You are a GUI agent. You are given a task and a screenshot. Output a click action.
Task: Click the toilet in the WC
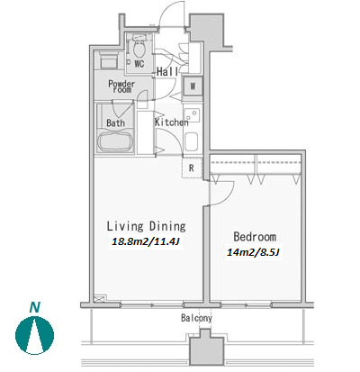(x=139, y=48)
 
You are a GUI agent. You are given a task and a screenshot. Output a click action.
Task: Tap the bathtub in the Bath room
(x=116, y=141)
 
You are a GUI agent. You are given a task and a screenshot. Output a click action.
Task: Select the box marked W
(x=193, y=86)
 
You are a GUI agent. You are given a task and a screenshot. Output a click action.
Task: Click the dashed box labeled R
(x=192, y=168)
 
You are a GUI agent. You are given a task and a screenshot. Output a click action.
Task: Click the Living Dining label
(x=146, y=226)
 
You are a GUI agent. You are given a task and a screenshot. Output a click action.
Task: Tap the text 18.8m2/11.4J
(x=146, y=241)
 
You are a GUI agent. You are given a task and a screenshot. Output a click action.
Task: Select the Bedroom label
(x=255, y=237)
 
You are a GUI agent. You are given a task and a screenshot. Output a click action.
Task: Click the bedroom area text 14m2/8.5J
(x=254, y=252)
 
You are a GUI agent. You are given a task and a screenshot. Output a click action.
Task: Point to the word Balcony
(x=196, y=318)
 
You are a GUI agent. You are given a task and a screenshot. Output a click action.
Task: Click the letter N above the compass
(x=35, y=307)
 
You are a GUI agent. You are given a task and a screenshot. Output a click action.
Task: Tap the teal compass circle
(x=35, y=335)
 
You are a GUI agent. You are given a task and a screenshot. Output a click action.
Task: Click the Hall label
(x=167, y=71)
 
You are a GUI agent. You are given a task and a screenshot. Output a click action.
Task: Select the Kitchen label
(x=172, y=122)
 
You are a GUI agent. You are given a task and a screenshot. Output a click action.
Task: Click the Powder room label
(x=121, y=86)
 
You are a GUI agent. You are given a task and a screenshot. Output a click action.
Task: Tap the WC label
(x=139, y=64)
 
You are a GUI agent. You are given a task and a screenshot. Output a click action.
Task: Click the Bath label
(x=115, y=122)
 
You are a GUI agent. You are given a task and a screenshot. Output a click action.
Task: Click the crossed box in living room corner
(x=100, y=299)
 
